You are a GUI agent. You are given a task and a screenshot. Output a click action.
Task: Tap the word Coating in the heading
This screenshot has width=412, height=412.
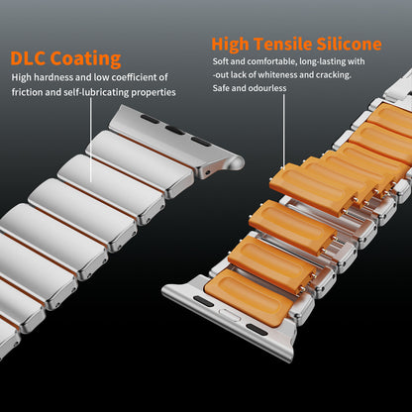(x=86, y=59)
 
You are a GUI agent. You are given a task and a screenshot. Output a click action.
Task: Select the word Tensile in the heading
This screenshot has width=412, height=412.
(x=283, y=45)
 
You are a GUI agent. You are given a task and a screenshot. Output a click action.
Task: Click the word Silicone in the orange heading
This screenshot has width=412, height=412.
(x=349, y=45)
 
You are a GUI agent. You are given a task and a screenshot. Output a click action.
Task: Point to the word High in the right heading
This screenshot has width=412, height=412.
(x=230, y=45)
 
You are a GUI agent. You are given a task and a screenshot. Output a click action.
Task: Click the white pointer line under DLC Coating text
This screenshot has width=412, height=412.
(x=91, y=140)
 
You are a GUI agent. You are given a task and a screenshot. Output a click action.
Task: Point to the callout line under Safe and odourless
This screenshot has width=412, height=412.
(x=283, y=132)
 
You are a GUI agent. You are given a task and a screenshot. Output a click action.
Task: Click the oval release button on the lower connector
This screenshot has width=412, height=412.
(x=229, y=314)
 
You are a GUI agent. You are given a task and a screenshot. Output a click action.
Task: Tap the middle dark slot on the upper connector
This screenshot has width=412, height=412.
(x=175, y=131)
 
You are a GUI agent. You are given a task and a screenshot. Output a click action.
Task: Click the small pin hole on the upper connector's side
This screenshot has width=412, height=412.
(x=207, y=172)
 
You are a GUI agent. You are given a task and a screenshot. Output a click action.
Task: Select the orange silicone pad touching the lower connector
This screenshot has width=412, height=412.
(x=249, y=298)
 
